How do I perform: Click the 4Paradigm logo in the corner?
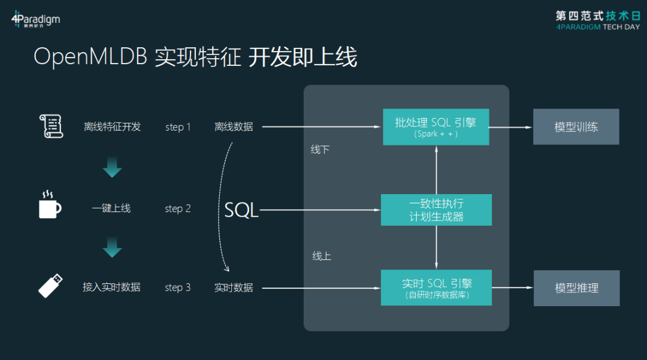coord(35,20)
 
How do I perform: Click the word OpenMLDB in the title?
coord(90,58)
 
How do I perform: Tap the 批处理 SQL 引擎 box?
coord(436,126)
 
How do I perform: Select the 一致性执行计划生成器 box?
coord(436,210)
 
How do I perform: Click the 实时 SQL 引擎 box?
coord(436,288)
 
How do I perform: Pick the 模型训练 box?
coord(576,127)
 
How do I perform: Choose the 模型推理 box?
coord(576,288)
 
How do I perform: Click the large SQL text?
coord(241,210)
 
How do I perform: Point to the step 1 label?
coord(178,127)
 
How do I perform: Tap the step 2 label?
coord(178,208)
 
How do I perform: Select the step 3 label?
coord(178,288)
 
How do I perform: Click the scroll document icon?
coord(51,126)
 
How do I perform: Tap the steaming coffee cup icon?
coord(49,205)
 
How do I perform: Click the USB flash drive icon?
coord(50,285)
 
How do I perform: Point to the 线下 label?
coord(320,150)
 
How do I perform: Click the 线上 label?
coord(321,256)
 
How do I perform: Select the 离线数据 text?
coord(234,127)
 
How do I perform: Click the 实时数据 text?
coord(234,288)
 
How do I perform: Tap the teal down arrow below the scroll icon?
coord(112,168)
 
